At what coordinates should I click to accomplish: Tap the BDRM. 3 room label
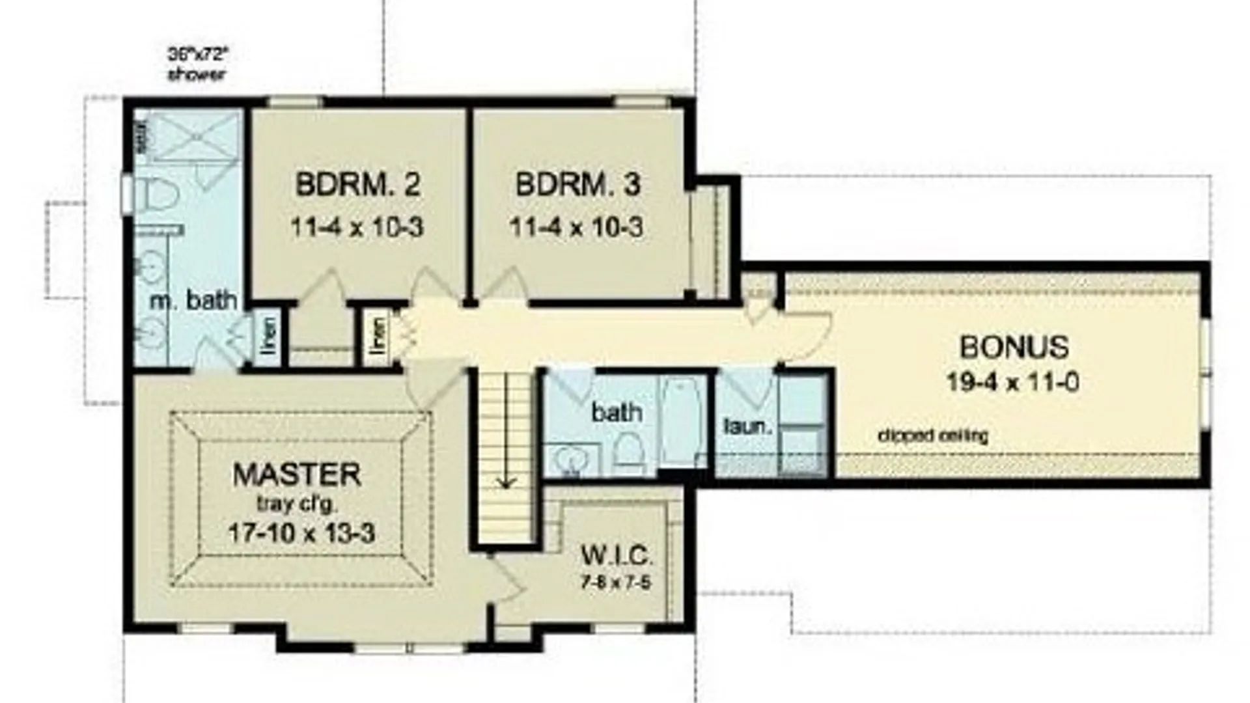click(x=577, y=185)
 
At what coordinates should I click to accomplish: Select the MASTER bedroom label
click(x=297, y=475)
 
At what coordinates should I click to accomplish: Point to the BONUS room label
click(x=1014, y=348)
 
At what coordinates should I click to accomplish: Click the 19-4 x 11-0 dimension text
click(x=1012, y=382)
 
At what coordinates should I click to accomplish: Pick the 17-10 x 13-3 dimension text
click(x=301, y=533)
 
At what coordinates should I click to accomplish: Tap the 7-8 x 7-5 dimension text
click(x=615, y=582)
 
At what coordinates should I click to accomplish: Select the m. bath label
click(x=193, y=301)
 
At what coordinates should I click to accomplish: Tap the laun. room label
click(x=747, y=427)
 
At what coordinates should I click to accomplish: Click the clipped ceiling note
click(x=932, y=435)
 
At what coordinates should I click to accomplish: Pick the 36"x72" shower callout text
click(x=198, y=64)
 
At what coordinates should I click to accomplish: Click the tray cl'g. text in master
click(x=297, y=504)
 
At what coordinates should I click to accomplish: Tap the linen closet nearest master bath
click(x=268, y=336)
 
